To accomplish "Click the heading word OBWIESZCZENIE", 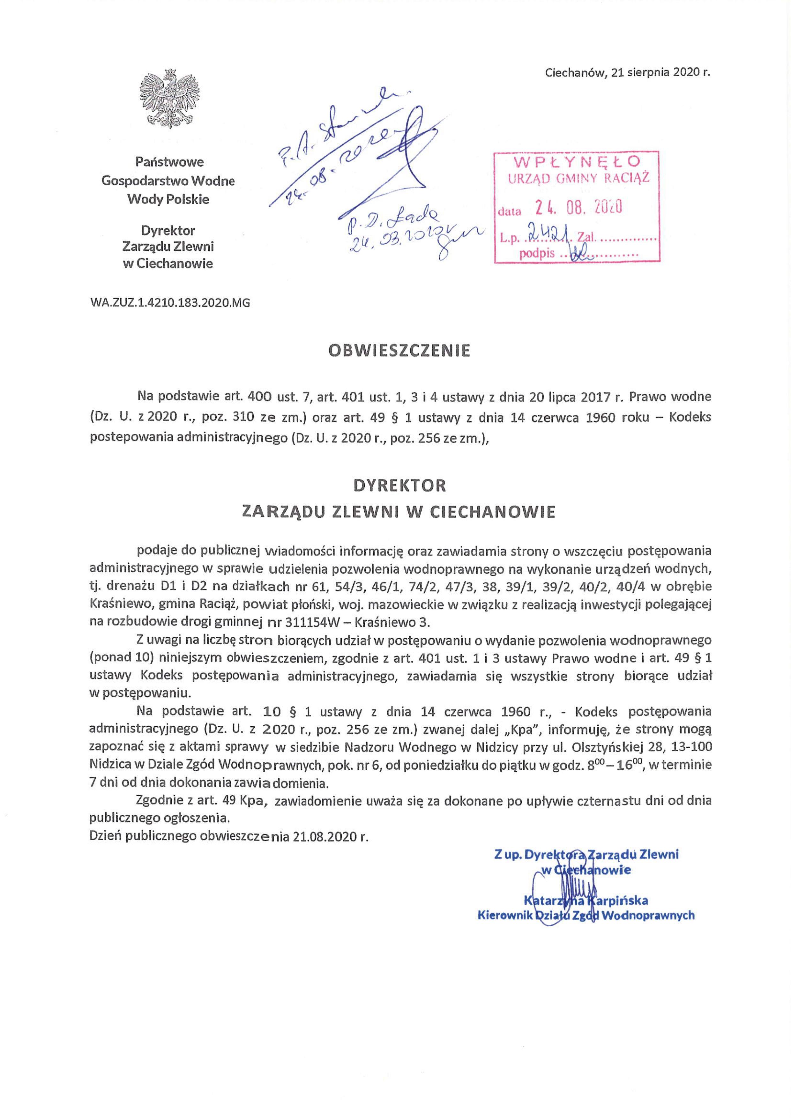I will click(399, 351).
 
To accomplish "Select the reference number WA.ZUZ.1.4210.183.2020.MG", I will click(170, 303).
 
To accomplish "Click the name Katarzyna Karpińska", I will click(586, 900).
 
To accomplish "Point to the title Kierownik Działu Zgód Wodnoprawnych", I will click(586, 916).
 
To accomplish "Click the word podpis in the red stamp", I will click(534, 253).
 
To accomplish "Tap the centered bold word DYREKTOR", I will click(399, 486).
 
